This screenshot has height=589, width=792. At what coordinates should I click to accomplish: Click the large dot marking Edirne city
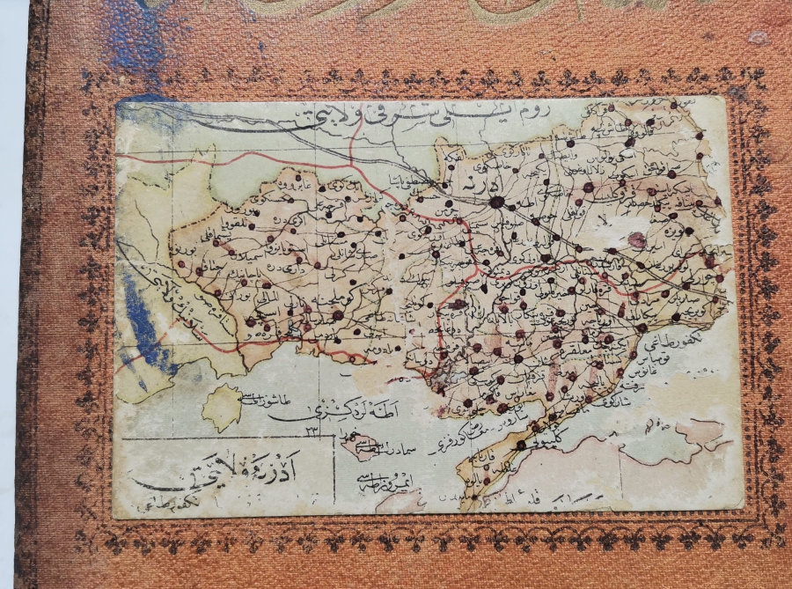(496, 202)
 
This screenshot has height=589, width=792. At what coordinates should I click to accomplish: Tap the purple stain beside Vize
(638, 239)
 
